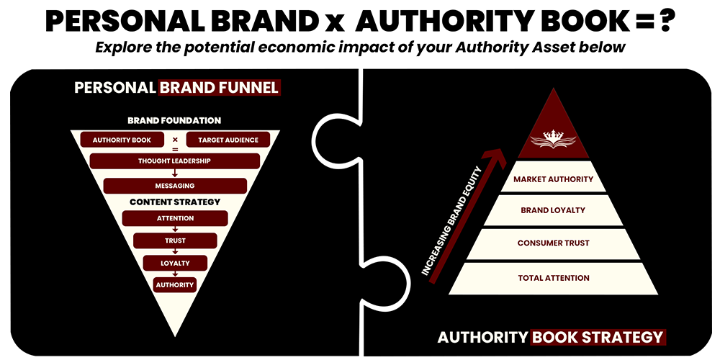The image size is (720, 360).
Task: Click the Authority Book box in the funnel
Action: point(122,140)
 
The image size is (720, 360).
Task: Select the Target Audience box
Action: point(228,140)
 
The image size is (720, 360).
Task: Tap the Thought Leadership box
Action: point(174,161)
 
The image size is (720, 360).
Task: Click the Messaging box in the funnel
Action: point(176,186)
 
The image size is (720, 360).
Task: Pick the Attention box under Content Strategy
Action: point(175,219)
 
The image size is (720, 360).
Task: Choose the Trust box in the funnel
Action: point(175,240)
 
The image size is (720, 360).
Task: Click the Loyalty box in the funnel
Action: point(175,263)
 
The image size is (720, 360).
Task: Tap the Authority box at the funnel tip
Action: point(174,284)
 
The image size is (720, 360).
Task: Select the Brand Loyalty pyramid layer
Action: point(553,210)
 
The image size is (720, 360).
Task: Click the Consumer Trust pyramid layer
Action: point(553,243)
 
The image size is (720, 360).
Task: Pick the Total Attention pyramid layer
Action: point(553,278)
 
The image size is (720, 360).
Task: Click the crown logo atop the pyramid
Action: point(553,138)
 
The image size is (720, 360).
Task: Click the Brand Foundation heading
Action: point(174,121)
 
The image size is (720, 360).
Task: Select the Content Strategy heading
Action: point(175,202)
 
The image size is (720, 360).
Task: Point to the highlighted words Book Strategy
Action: point(598,337)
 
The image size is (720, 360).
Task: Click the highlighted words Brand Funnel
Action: point(219,88)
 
